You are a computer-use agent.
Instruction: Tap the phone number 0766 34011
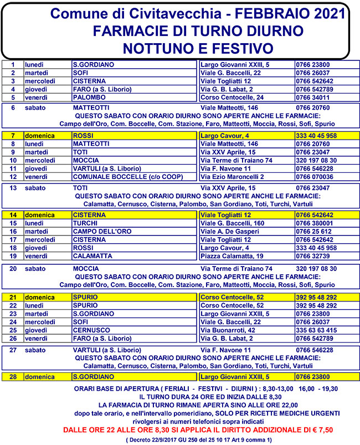312,98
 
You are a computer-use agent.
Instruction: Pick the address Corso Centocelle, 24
232,98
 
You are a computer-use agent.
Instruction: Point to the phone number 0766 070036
315,177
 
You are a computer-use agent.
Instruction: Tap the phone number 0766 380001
315,223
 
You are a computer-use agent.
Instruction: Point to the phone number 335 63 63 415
316,330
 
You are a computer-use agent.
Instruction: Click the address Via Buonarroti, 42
228,330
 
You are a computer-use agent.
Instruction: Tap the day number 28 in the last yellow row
12,376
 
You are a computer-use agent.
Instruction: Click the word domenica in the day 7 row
39,135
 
